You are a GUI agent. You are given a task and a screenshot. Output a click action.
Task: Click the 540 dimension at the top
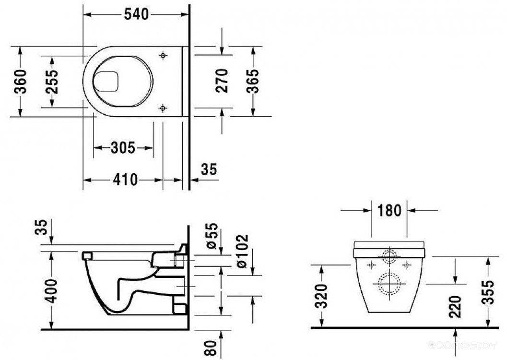136,14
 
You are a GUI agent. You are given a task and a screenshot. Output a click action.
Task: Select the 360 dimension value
20,82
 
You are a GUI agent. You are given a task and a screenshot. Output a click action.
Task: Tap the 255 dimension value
52,82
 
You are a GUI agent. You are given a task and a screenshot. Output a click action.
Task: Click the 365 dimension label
252,81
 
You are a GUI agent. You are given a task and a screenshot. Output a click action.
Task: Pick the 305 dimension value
123,148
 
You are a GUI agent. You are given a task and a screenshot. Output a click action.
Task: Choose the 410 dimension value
125,180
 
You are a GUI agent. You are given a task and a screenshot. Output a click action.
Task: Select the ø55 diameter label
212,236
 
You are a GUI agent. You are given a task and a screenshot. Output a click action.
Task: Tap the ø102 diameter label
242,252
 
